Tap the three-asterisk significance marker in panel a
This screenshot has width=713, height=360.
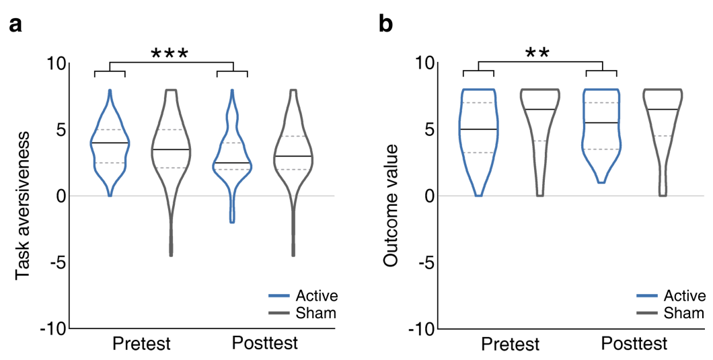[x=170, y=55]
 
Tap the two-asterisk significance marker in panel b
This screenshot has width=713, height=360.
[x=537, y=55]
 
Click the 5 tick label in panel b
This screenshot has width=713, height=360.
[x=428, y=129]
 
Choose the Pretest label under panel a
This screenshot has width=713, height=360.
[x=141, y=345]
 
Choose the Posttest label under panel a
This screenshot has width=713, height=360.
[x=264, y=343]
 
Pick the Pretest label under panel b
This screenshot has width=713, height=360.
[x=511, y=345]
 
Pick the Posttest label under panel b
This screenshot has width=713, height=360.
[x=634, y=344]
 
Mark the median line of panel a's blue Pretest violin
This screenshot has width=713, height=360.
[x=110, y=143]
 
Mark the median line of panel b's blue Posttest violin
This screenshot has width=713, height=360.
[x=601, y=122]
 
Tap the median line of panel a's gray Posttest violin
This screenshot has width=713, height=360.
[x=293, y=156]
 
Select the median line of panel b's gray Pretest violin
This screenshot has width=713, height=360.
[x=539, y=109]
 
